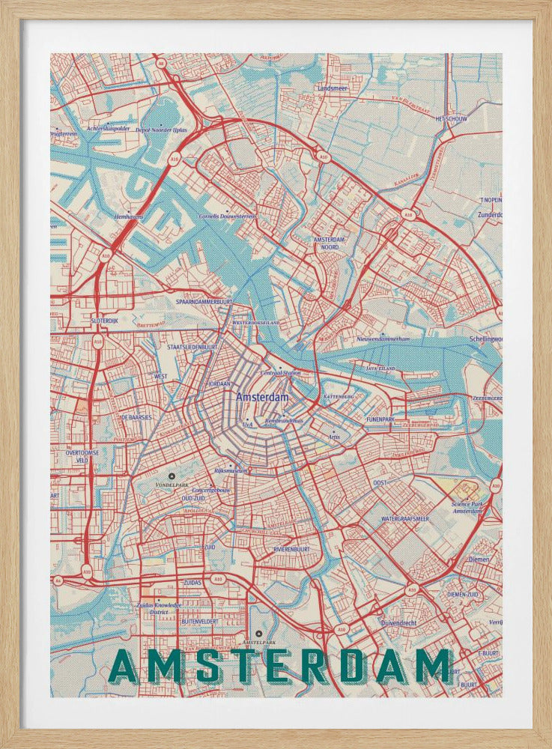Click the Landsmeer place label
(333, 88)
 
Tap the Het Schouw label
(452, 119)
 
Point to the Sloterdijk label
(104, 320)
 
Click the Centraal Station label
(280, 372)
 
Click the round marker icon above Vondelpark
(172, 476)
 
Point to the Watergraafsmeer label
(405, 518)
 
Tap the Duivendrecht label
(402, 622)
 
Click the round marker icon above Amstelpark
(258, 634)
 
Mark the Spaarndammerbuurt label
(204, 301)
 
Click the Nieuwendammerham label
(383, 339)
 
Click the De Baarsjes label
(136, 417)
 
